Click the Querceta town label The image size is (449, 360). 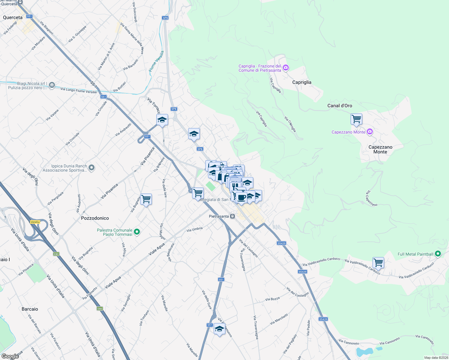pyautogui.click(x=13, y=17)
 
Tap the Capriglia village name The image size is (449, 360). pyautogui.click(x=302, y=82)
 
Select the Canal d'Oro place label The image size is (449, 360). pyautogui.click(x=339, y=106)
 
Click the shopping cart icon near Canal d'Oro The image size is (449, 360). pyautogui.click(x=356, y=119)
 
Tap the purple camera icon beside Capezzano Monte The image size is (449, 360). pyautogui.click(x=370, y=132)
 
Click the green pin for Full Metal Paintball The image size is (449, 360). pyautogui.click(x=438, y=254)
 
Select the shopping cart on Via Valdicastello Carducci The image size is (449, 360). pyautogui.click(x=378, y=262)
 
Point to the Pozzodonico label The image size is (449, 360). pyautogui.click(x=95, y=218)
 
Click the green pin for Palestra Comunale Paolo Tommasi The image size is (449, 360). pyautogui.click(x=137, y=232)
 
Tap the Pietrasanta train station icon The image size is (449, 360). pyautogui.click(x=232, y=216)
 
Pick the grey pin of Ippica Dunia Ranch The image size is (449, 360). pyautogui.click(x=92, y=168)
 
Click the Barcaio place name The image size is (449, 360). pyautogui.click(x=30, y=309)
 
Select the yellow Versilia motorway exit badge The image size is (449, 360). pyautogui.click(x=35, y=222)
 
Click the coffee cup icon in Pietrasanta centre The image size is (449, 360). pyautogui.click(x=241, y=197)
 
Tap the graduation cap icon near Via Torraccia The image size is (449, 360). pyautogui.click(x=162, y=120)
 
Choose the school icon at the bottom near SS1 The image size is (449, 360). pyautogui.click(x=219, y=328)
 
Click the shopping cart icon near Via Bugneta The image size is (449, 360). pyautogui.click(x=146, y=199)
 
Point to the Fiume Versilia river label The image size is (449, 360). pyautogui.click(x=156, y=61)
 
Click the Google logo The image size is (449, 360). pyautogui.click(x=10, y=356)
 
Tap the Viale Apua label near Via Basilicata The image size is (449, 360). pyautogui.click(x=157, y=249)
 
